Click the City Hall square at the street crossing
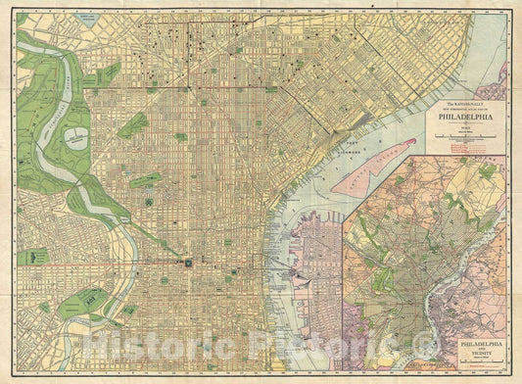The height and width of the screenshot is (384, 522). [x=186, y=264]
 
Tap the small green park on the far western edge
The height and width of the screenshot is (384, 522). [x=31, y=257]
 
